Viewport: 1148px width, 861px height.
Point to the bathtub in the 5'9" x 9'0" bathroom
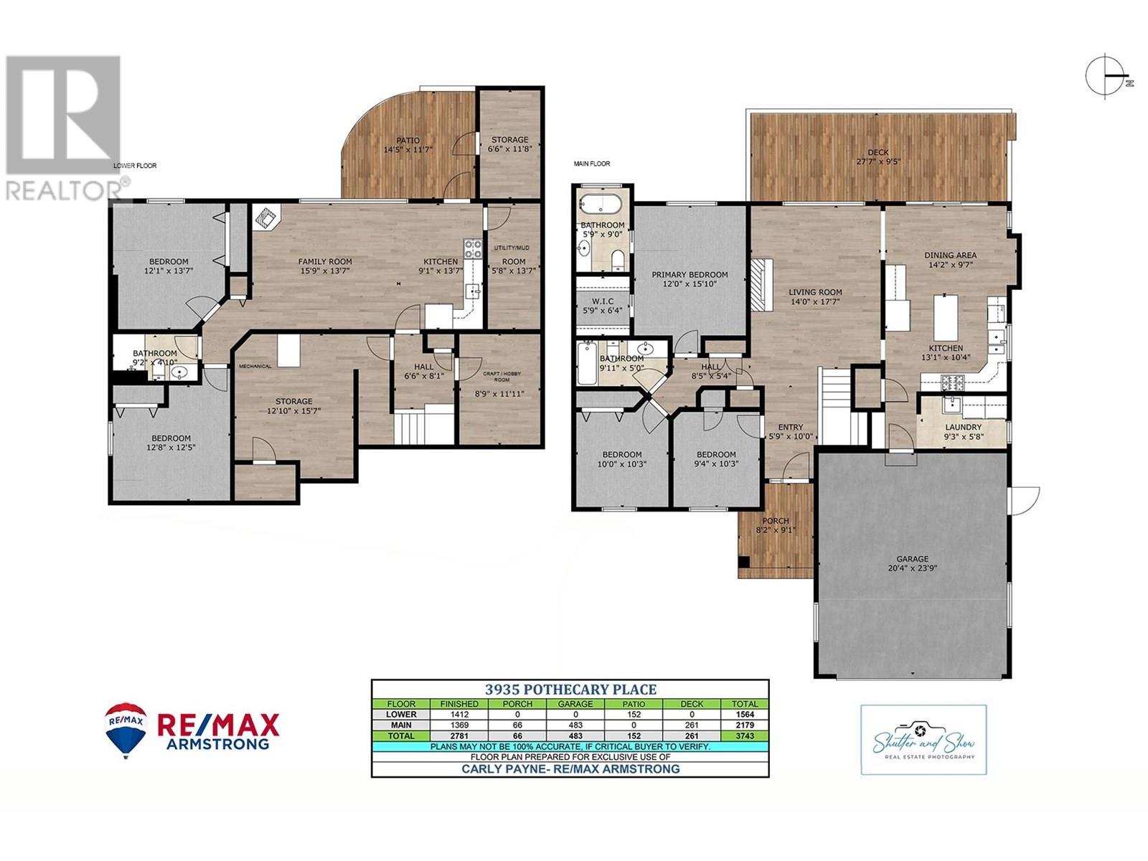[x=601, y=203]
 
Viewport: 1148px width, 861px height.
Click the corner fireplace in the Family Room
[x=267, y=217]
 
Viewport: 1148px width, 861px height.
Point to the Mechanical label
[x=255, y=367]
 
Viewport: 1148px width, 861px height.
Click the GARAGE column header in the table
[x=575, y=704]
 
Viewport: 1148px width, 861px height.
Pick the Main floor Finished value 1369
[x=459, y=725]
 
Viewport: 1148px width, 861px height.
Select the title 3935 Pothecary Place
[x=570, y=690]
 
